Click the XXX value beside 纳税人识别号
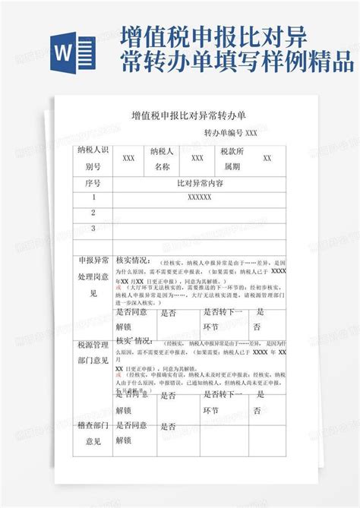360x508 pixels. pos(129,158)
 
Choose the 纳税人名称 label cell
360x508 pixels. pos(163,158)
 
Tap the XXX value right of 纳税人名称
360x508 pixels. pos(197,158)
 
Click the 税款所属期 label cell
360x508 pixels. pos(232,158)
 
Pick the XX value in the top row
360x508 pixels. pos(267,158)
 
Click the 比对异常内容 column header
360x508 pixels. pos(199,184)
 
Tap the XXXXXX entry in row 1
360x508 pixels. pos(199,197)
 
